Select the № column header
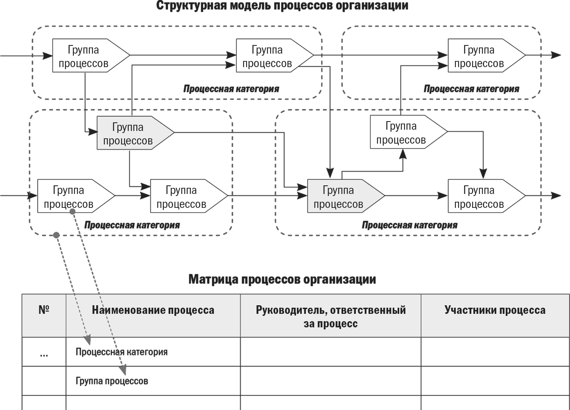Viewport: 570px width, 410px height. click(x=44, y=310)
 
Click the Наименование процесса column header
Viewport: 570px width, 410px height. click(x=153, y=310)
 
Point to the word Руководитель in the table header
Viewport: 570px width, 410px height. click(x=290, y=310)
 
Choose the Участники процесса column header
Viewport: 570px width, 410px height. click(x=495, y=310)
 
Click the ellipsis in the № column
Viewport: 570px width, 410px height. click(x=44, y=354)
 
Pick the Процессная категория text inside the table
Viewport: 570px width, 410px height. click(x=122, y=352)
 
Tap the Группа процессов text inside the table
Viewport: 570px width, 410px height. click(x=112, y=381)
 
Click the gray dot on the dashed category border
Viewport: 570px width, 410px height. click(x=57, y=235)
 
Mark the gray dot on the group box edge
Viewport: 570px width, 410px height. click(x=72, y=211)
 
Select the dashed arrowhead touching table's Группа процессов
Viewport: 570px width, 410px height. click(x=123, y=371)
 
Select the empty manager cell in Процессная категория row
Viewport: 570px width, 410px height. click(x=330, y=351)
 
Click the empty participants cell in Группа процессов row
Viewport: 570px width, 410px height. click(x=495, y=381)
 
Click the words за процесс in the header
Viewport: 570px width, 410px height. click(x=330, y=324)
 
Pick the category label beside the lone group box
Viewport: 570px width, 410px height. click(x=471, y=89)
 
